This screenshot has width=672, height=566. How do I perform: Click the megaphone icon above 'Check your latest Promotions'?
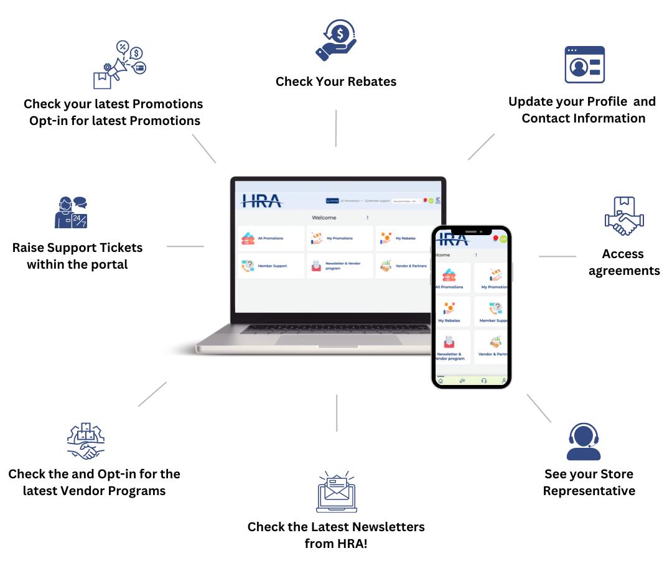(119, 65)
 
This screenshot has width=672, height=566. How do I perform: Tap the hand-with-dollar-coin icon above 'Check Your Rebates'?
(335, 41)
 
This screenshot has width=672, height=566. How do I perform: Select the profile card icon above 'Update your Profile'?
(584, 64)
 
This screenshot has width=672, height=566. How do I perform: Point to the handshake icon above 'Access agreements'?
(624, 216)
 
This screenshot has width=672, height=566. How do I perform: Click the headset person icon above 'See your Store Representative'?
(584, 442)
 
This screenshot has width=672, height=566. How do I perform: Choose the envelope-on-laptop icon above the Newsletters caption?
(336, 492)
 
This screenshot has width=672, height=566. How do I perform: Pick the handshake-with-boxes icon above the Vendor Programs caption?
(86, 441)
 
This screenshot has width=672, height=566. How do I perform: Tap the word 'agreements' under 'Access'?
(624, 271)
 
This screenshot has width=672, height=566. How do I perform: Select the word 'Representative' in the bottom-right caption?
(589, 491)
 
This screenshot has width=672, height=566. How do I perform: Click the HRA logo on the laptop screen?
(261, 202)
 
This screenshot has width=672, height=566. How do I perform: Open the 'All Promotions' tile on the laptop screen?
(270, 238)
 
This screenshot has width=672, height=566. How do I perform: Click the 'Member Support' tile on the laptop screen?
(271, 266)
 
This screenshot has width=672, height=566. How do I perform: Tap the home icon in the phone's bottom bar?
(441, 380)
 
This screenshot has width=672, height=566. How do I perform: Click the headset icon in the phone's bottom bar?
(483, 380)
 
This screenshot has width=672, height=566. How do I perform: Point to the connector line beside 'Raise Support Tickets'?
(185, 246)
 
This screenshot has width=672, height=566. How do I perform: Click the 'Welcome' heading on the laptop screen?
(324, 218)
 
